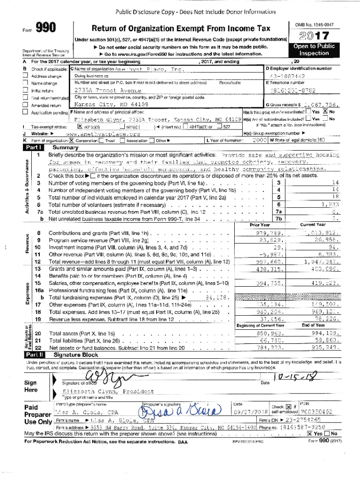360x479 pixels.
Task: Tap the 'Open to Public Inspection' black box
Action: [314, 50]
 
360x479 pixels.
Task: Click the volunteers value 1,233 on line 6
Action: [330, 204]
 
